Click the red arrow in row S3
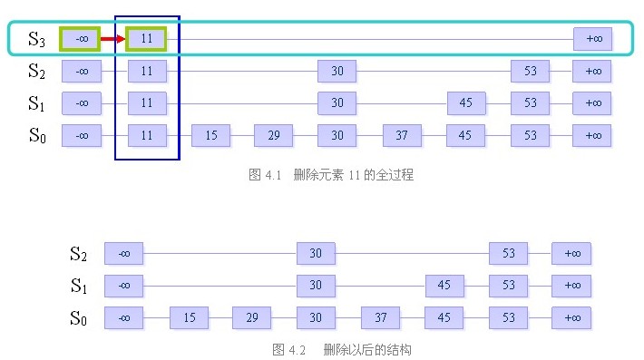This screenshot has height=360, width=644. (112, 39)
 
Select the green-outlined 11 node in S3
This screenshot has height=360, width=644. (147, 39)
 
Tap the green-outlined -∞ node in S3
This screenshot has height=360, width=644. (81, 39)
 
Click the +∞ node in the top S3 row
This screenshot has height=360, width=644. (592, 39)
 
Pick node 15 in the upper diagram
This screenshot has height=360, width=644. (210, 136)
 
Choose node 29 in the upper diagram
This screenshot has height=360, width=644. (273, 136)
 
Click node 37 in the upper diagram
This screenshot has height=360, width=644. (402, 136)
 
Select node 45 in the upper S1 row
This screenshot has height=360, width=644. (465, 103)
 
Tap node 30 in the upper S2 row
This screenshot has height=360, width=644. (337, 71)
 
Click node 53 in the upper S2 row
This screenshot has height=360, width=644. (530, 71)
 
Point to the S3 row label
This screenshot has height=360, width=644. (36, 39)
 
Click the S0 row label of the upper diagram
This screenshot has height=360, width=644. (36, 136)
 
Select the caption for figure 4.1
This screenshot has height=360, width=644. (330, 175)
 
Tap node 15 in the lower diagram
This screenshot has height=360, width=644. (189, 318)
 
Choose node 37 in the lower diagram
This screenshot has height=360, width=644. (380, 318)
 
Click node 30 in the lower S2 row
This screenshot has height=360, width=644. (316, 253)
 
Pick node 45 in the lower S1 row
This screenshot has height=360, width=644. (444, 286)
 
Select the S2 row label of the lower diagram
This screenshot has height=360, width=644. (80, 253)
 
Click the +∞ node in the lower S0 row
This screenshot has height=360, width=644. (571, 318)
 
